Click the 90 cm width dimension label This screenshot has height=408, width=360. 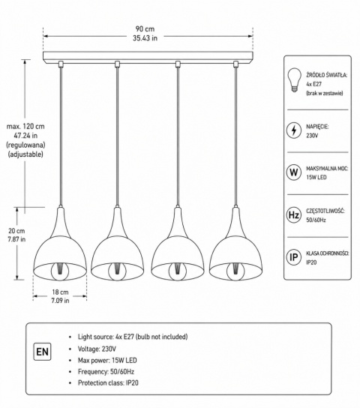pos(145,29)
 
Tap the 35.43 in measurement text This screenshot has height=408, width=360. pos(145,38)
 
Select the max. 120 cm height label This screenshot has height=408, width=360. pos(25,127)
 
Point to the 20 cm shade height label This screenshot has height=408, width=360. pos(16,231)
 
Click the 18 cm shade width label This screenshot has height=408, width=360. pos(60,292)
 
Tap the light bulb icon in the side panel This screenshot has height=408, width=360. pos(294,80)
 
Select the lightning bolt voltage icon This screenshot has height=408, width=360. pos(294,130)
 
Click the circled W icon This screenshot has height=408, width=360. pos(294,172)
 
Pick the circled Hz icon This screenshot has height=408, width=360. pos(294,215)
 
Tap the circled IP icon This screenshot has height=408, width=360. pos(294,257)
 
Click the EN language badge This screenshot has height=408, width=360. pos(43,352)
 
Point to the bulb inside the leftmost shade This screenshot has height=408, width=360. pos(60,271)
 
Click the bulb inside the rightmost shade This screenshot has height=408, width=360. pos(235,271)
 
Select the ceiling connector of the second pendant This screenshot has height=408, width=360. pos(117,64)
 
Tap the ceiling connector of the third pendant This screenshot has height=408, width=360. pos(178,64)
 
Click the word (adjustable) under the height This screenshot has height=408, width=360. pos(25,154)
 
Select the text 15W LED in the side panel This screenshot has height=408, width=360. pos(316,178)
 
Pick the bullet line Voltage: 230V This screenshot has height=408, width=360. pos(97,349)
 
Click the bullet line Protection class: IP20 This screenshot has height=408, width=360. pos(108,382)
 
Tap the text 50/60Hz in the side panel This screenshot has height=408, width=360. pos(316,220)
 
